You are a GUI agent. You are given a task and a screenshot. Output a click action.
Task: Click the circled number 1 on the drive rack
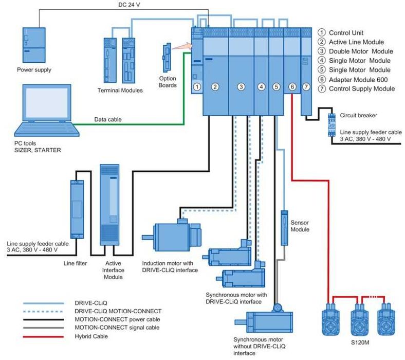point(196,87)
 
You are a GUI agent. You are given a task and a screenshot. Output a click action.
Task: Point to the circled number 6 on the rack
point(292,87)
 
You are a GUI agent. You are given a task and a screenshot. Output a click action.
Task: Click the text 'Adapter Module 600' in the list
point(358,79)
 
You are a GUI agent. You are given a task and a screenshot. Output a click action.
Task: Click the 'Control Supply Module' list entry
point(361,88)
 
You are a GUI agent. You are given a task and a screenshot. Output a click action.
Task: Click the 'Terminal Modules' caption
point(120,91)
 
